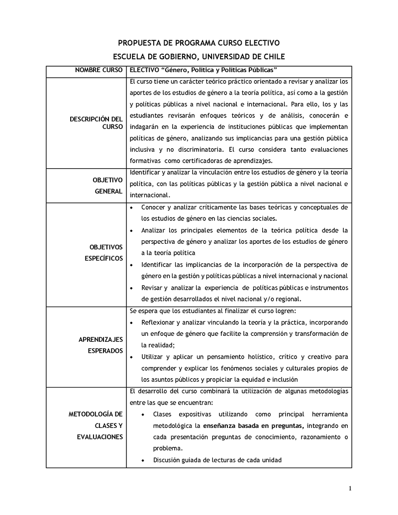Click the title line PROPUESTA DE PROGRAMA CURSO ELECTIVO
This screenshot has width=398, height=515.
tap(199, 43)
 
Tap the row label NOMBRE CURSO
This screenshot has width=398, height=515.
tap(99, 71)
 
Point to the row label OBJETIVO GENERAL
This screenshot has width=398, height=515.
tap(107, 186)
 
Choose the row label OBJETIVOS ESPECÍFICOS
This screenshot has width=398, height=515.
tap(106, 253)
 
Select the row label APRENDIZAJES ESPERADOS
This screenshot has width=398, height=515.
tap(100, 345)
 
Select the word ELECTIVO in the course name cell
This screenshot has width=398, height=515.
tap(143, 71)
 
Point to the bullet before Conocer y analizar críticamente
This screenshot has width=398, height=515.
tap(131, 207)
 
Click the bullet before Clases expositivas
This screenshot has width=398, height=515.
tap(143, 414)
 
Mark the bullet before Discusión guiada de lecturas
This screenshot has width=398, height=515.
tap(143, 460)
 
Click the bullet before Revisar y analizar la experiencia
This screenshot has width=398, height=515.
tap(131, 288)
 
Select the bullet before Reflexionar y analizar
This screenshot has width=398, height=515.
tap(131, 322)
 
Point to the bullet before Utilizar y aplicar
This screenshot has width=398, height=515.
tap(131, 357)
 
